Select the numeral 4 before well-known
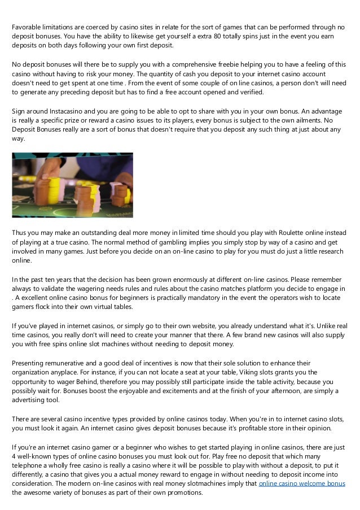click(x=14, y=456)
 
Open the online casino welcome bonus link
click(x=301, y=485)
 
